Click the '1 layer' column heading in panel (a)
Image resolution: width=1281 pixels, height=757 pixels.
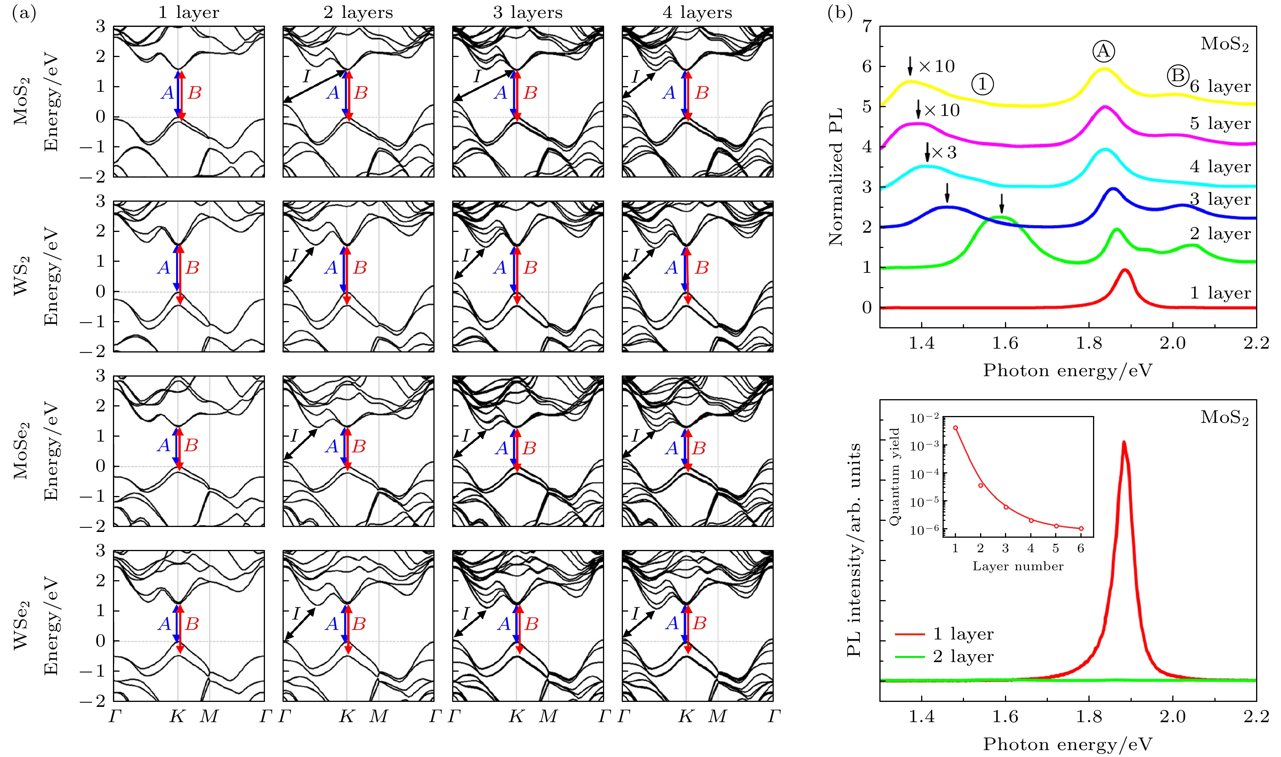pyautogui.click(x=188, y=12)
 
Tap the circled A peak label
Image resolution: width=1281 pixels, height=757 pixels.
pyautogui.click(x=1103, y=51)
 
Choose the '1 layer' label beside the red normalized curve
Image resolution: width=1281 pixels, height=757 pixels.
pyautogui.click(x=1220, y=293)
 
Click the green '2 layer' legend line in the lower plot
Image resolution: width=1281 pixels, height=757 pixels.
pyautogui.click(x=910, y=656)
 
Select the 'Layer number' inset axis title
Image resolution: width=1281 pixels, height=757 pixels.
pyautogui.click(x=1018, y=566)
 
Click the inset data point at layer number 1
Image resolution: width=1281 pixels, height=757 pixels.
pyautogui.click(x=956, y=428)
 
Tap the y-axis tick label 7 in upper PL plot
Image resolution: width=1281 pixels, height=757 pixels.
pyautogui.click(x=867, y=26)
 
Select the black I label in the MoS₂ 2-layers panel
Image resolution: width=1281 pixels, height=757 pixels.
pyautogui.click(x=306, y=77)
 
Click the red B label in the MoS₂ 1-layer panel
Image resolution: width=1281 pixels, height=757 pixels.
pyautogui.click(x=194, y=93)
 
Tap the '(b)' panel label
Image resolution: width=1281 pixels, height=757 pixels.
pyautogui.click(x=840, y=12)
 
